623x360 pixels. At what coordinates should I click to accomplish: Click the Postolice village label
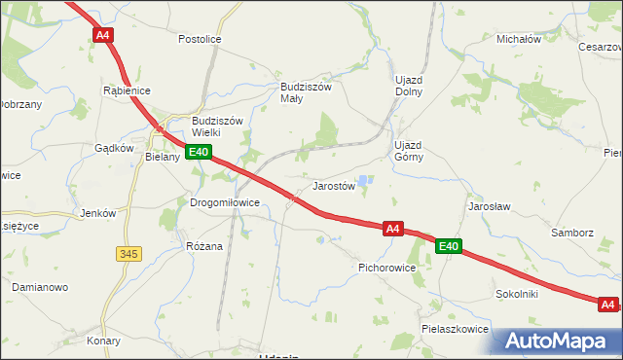(200, 39)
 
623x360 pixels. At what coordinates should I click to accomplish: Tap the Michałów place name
(518, 39)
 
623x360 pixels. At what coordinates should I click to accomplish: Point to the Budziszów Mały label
(307, 91)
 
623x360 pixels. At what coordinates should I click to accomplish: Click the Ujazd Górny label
(408, 151)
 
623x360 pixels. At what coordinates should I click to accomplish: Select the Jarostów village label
(333, 185)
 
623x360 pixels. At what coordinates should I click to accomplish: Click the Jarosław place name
(490, 207)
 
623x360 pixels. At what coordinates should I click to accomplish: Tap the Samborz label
(571, 234)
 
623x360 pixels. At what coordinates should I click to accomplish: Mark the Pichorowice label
(387, 266)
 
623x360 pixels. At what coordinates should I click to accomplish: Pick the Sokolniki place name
(517, 293)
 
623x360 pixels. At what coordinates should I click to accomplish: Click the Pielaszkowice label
(455, 329)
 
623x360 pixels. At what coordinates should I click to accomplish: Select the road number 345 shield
(128, 254)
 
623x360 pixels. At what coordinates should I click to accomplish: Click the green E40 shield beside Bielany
(199, 152)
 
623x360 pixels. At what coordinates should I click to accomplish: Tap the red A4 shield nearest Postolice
(103, 35)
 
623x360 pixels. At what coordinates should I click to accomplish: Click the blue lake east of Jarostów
(364, 180)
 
